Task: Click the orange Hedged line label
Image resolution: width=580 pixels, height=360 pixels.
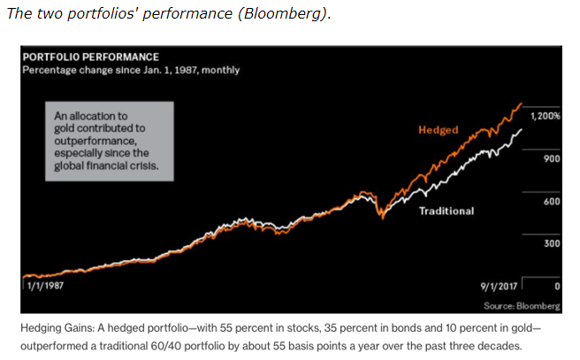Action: point(438,131)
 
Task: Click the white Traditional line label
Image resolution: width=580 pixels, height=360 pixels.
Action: point(446,211)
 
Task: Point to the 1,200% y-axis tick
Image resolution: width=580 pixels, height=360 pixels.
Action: point(545,117)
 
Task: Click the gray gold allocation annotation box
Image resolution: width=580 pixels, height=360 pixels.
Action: point(111,140)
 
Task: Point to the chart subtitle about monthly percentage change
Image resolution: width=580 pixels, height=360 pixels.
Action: point(130,70)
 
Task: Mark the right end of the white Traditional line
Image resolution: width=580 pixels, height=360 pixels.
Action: point(522,129)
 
